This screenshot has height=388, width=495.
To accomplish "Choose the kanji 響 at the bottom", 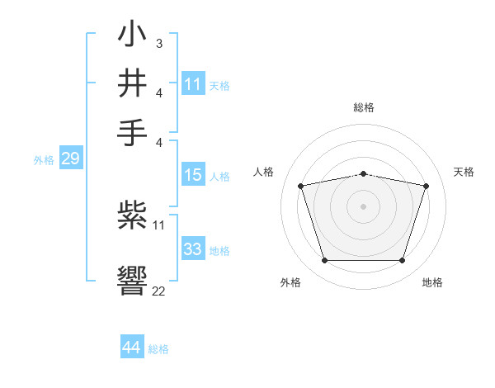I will pyautogui.click(x=132, y=276).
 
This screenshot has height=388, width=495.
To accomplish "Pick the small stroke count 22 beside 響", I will pyautogui.click(x=158, y=291).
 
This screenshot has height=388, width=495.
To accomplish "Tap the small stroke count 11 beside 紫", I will pyautogui.click(x=159, y=224).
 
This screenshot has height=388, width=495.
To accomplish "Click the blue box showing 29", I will pyautogui.click(x=70, y=159).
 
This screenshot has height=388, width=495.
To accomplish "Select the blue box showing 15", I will pyautogui.click(x=192, y=175).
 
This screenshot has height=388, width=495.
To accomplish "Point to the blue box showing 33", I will pyautogui.click(x=192, y=249).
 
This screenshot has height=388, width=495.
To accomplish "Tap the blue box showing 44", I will pyautogui.click(x=132, y=348).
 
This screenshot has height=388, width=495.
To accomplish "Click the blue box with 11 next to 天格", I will pyautogui.click(x=192, y=84).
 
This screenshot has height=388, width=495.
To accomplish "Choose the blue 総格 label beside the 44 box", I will pyautogui.click(x=158, y=349).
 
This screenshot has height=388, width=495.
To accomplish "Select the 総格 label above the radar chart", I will pyautogui.click(x=364, y=108).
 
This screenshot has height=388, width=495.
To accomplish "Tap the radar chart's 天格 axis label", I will pyautogui.click(x=464, y=172).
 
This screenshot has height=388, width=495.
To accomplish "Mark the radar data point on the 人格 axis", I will pyautogui.click(x=301, y=187).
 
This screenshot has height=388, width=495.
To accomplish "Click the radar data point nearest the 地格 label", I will pyautogui.click(x=402, y=260).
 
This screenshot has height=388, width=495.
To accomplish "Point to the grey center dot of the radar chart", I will pyautogui.click(x=364, y=206).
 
